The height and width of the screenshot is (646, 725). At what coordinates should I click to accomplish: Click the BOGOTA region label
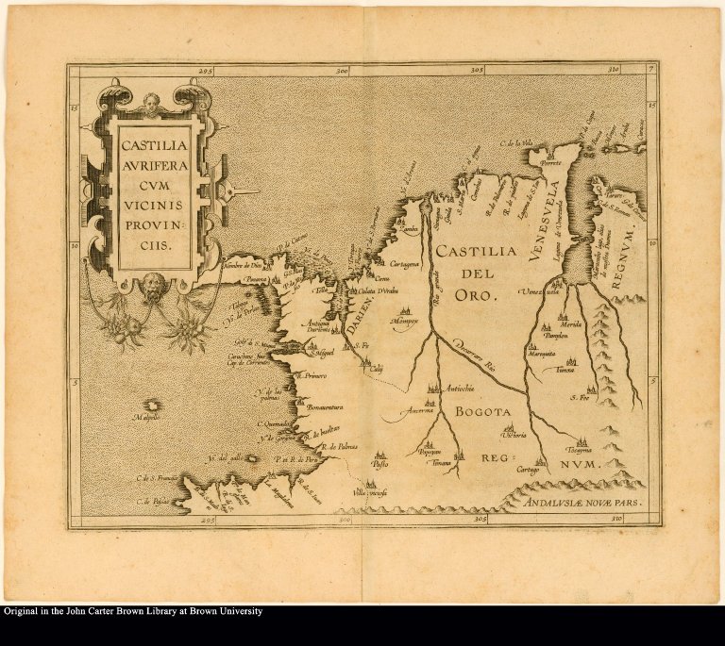[x=481, y=412]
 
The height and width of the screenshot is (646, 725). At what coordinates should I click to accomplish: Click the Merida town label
[x=572, y=327]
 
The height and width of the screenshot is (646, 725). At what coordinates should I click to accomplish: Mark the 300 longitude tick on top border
[x=342, y=70]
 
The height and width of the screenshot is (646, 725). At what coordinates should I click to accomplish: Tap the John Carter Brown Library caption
[x=132, y=611]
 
